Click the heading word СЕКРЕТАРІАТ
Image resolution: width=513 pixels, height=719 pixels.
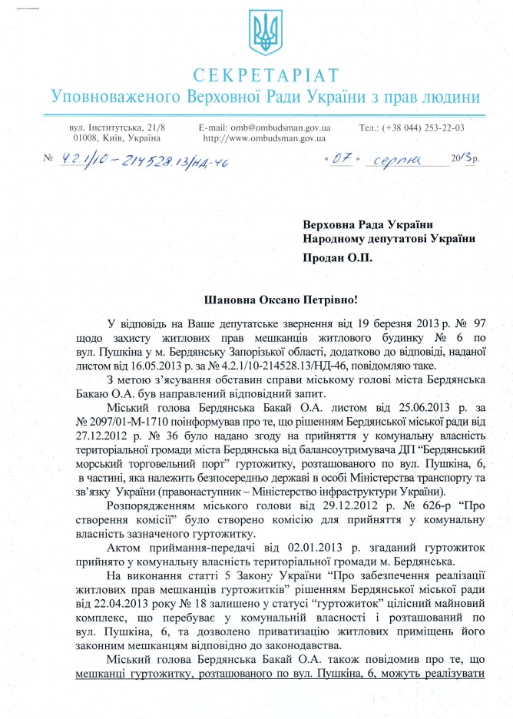point(265,75)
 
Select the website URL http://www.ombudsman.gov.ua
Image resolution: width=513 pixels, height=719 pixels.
point(264,138)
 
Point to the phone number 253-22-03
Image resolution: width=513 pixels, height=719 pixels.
point(445,127)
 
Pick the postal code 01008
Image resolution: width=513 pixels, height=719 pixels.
point(84,138)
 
